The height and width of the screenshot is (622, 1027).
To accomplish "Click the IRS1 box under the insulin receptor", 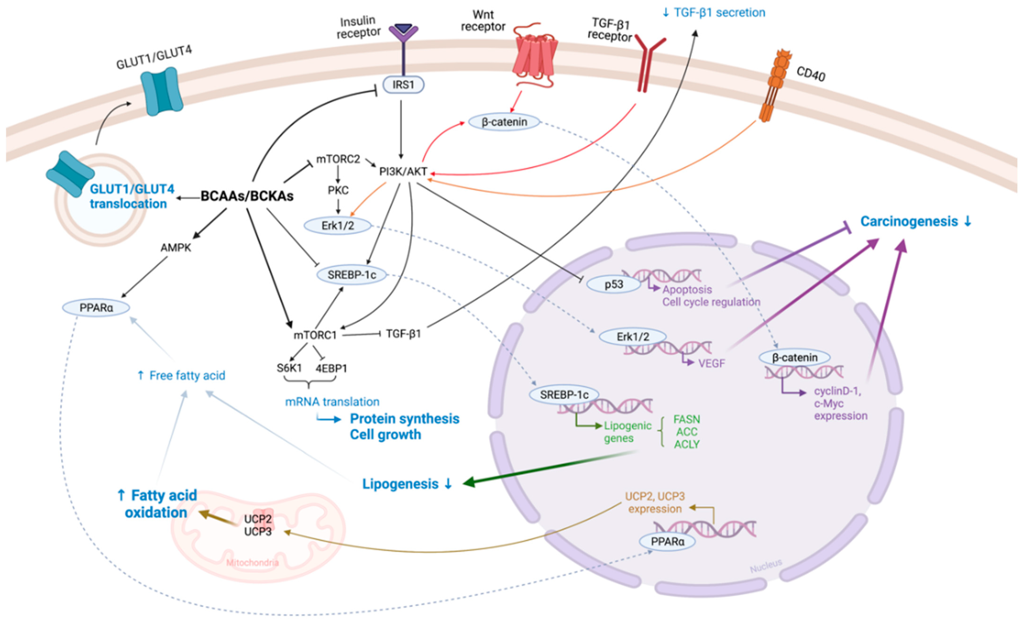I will click(403, 85).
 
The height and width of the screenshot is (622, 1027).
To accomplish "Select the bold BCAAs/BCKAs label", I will click(247, 196).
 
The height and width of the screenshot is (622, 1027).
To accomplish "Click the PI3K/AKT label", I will click(403, 171).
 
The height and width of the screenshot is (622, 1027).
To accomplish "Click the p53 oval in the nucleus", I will click(613, 284).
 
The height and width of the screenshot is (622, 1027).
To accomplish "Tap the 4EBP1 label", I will click(331, 368).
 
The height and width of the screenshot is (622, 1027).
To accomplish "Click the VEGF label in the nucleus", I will click(712, 364).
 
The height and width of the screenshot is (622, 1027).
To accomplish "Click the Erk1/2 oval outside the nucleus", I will click(338, 226).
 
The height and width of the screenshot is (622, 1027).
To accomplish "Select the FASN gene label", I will click(686, 419).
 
